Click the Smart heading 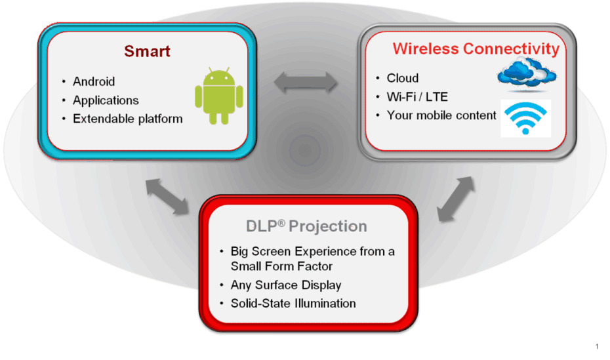(147, 51)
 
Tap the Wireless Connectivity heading (476, 49)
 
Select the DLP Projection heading (306, 226)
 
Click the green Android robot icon (219, 96)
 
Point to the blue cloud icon (527, 73)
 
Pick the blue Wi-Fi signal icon (525, 118)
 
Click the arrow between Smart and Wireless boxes (306, 83)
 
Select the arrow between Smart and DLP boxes (167, 197)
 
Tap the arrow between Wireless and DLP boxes (456, 199)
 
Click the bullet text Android (94, 82)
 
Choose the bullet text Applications (106, 100)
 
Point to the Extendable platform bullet (128, 119)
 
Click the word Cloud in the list (403, 78)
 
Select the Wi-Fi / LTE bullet (417, 97)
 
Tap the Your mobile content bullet (441, 115)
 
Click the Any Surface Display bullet (286, 285)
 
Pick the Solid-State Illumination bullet (293, 303)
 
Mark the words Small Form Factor (281, 266)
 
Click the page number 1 (597, 346)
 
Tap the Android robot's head (219, 76)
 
